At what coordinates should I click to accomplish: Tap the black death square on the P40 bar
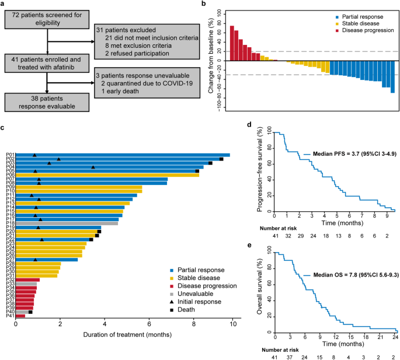point(30,313)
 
